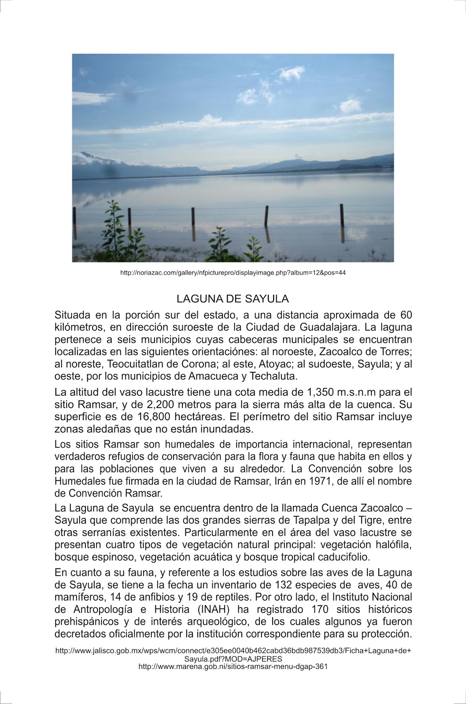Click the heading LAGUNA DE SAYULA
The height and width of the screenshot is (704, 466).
click(x=233, y=299)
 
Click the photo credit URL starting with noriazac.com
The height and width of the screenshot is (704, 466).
click(x=233, y=273)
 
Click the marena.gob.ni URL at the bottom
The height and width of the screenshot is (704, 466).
click(x=233, y=666)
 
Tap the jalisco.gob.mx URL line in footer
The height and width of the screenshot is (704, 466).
click(x=233, y=651)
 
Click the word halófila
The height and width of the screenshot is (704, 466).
click(x=393, y=545)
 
